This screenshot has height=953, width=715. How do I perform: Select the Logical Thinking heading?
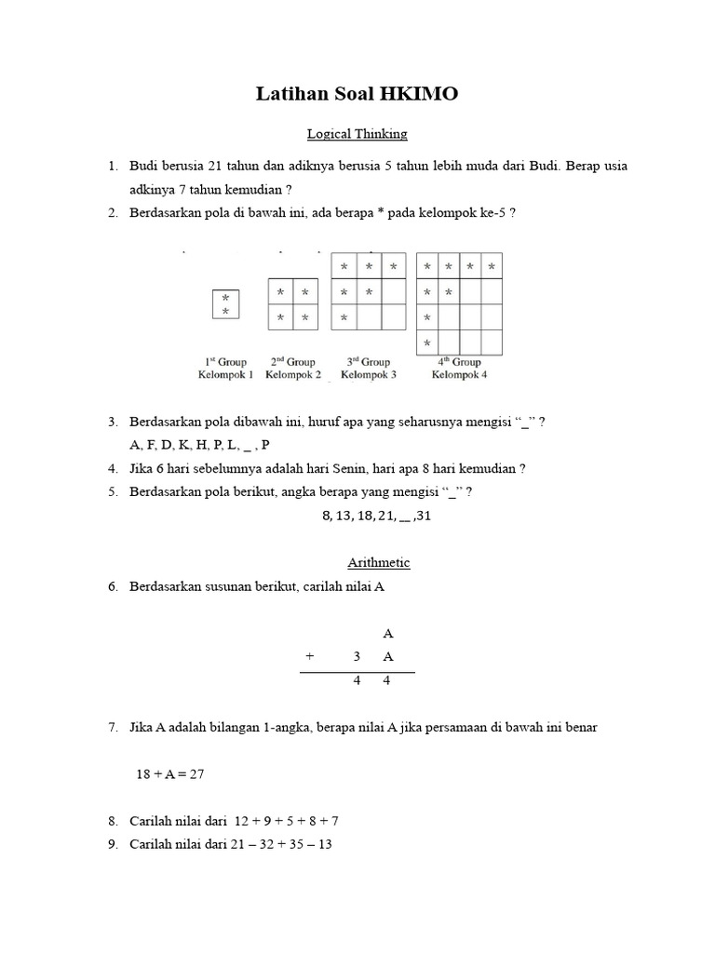click(x=357, y=134)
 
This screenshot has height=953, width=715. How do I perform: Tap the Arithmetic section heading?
click(x=378, y=563)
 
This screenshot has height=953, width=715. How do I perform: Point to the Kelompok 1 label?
click(x=225, y=375)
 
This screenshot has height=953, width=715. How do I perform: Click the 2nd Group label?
click(x=293, y=362)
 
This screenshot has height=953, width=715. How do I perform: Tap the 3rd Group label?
click(x=369, y=362)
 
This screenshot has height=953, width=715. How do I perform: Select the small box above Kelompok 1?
click(x=225, y=304)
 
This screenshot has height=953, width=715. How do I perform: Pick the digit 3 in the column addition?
click(x=357, y=657)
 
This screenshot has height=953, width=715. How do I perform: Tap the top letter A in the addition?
click(x=388, y=634)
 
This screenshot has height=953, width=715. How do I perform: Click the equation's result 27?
click(x=196, y=773)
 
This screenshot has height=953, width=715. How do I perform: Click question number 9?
click(x=112, y=845)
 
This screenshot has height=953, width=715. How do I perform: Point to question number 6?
click(x=112, y=587)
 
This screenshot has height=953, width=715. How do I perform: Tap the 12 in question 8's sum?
click(x=243, y=822)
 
